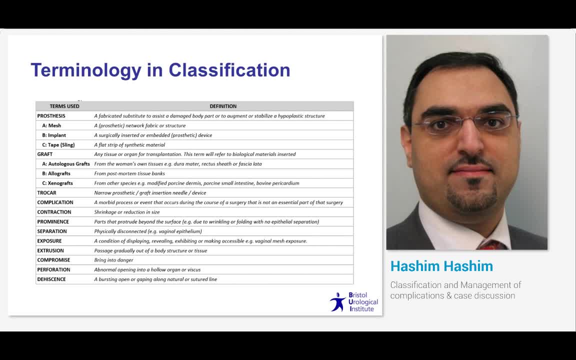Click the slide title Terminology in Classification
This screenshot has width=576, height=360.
(x=160, y=70)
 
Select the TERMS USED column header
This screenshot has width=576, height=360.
(x=64, y=106)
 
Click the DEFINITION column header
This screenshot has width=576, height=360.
(x=223, y=106)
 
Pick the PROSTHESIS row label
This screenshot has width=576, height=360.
(x=51, y=116)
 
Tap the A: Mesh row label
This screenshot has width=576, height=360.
(x=51, y=125)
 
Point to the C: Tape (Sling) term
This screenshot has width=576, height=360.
(x=58, y=145)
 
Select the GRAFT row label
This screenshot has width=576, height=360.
(x=44, y=154)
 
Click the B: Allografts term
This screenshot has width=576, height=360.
(x=56, y=173)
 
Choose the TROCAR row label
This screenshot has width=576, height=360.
(x=46, y=193)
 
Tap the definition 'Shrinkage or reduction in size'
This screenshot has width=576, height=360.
(x=127, y=212)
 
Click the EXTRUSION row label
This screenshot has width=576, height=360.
(x=50, y=250)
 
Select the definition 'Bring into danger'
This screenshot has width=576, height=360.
(x=113, y=260)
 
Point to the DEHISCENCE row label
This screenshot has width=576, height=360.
(x=51, y=279)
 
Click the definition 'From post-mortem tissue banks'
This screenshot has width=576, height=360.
(x=129, y=173)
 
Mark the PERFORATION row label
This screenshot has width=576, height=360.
(x=53, y=270)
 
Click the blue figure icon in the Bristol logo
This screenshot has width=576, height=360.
(x=338, y=302)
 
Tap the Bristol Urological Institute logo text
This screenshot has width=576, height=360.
(x=363, y=302)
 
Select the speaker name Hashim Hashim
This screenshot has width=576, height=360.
(x=441, y=266)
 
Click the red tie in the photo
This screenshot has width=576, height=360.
(x=492, y=245)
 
